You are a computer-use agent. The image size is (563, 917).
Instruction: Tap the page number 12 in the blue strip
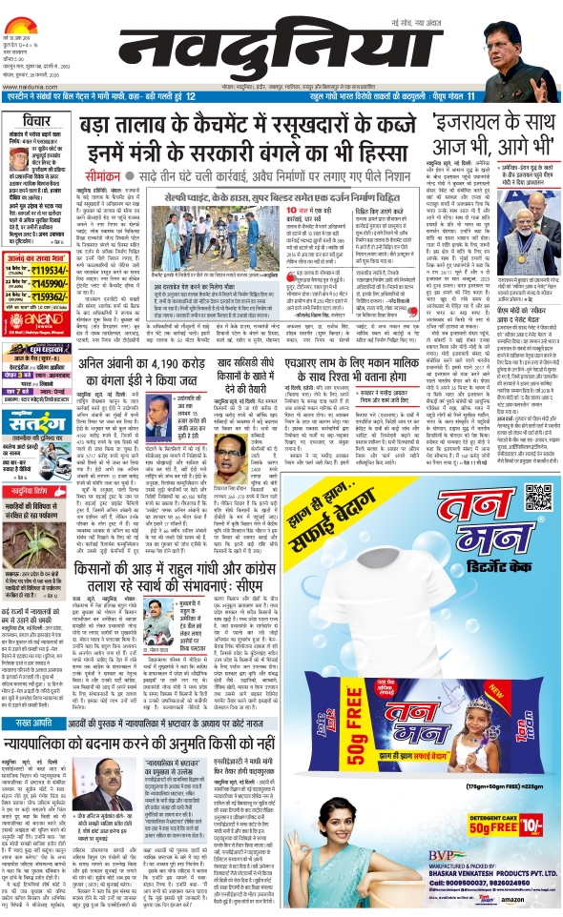point(192,97)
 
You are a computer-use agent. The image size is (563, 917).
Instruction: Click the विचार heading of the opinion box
point(26,122)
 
